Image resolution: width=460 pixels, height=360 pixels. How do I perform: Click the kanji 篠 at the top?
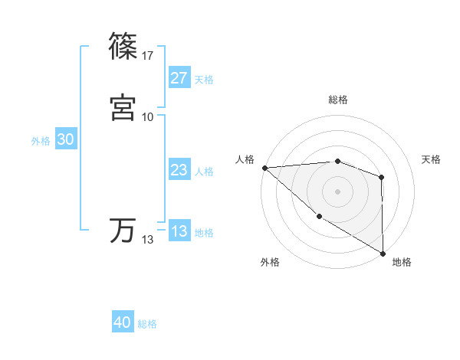123,47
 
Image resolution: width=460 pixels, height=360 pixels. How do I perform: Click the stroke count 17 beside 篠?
148,55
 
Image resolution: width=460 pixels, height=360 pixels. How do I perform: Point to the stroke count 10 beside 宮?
148,116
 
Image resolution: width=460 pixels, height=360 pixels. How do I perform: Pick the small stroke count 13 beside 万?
148,240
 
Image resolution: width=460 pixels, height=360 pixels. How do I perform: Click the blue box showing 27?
179,78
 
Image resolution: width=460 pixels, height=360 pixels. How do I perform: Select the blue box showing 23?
179,171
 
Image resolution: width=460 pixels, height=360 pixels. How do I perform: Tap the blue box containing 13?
179,231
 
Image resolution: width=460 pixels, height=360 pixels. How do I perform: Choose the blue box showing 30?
65,139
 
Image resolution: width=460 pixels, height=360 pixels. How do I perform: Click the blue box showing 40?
123,322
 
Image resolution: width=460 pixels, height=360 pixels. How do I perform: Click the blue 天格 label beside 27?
204,80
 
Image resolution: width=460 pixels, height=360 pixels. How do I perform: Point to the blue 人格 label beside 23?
204,172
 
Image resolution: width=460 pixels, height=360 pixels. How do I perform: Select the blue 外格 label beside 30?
41,141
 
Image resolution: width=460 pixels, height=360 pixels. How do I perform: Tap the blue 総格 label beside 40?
147,324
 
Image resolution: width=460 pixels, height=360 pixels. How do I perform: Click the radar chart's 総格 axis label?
338,100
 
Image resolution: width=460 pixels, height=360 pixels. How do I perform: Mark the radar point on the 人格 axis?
264,167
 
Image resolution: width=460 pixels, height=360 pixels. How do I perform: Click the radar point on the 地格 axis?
382,253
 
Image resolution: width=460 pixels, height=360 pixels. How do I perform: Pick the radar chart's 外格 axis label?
270,262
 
